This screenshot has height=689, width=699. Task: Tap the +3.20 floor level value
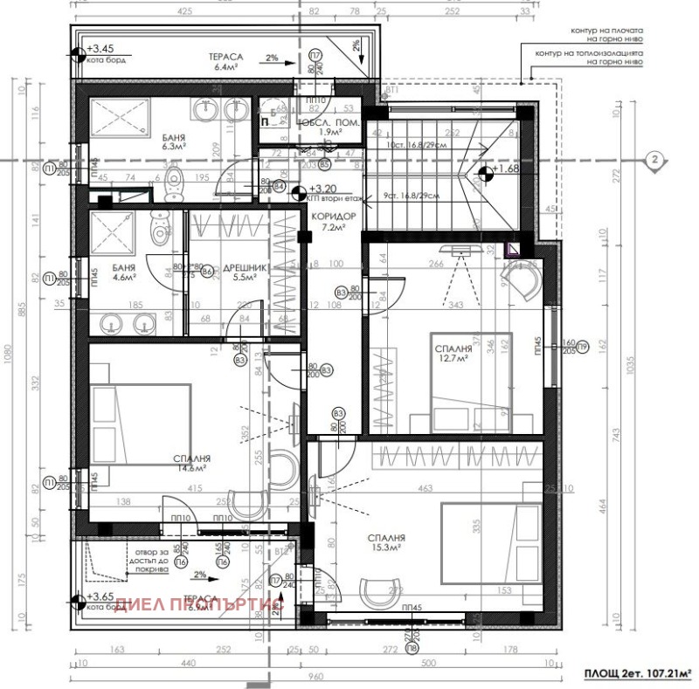pos(327,188)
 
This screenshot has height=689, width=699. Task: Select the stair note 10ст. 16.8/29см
pos(417,145)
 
